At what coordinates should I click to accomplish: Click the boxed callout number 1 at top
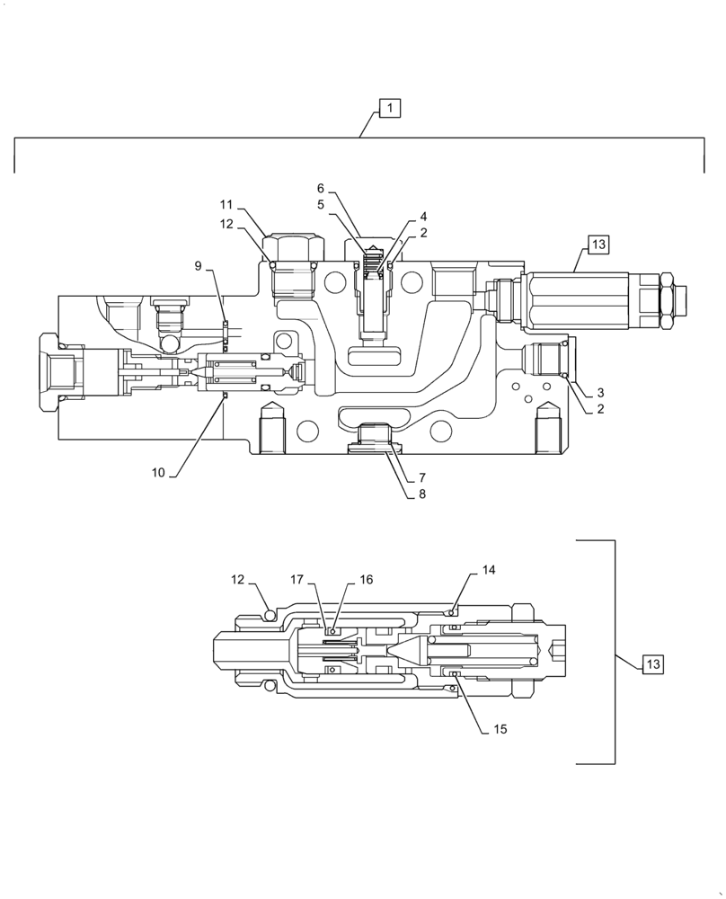point(389,109)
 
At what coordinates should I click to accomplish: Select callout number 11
point(226,205)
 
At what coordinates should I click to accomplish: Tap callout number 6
point(320,189)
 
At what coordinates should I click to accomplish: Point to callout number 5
point(320,205)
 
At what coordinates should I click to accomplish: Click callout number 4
point(423,217)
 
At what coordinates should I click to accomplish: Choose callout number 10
point(158,472)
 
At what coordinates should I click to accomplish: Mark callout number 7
point(421,477)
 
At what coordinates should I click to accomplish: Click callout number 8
point(421,494)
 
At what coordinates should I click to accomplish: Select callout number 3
point(600,392)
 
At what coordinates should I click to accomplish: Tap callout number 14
point(488,570)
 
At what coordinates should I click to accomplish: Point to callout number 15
point(500,729)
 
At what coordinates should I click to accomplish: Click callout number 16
point(366,580)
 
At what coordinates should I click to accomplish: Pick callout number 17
point(297,580)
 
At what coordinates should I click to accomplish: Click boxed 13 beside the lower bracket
point(652,664)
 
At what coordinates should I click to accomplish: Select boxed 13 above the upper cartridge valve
point(598,244)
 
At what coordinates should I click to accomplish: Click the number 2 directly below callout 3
point(600,409)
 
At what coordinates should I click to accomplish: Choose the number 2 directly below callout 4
point(423,233)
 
